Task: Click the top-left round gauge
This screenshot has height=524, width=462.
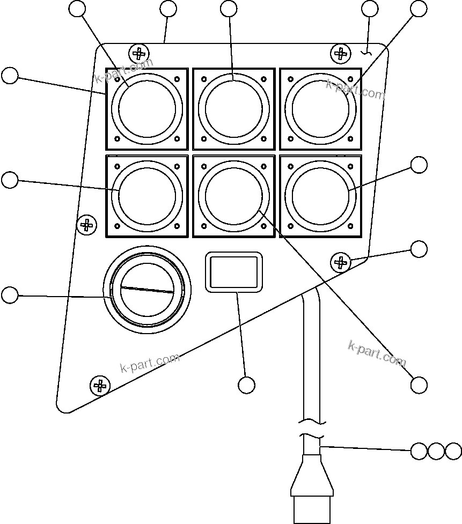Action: (x=147, y=109)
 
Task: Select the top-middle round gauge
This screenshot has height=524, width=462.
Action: (x=234, y=109)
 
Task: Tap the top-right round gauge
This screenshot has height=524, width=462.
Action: (x=320, y=109)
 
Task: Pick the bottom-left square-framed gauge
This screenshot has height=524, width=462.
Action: (x=147, y=196)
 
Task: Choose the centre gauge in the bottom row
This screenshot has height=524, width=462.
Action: (x=234, y=196)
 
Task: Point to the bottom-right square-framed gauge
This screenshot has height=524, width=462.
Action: (x=320, y=196)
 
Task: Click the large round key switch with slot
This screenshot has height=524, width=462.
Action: (x=147, y=290)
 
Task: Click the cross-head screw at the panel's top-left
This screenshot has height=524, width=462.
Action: (x=139, y=54)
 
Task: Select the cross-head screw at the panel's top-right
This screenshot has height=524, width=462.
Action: (x=340, y=53)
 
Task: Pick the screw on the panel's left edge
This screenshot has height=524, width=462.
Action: (x=86, y=224)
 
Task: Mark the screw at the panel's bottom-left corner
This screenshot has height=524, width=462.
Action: (x=99, y=385)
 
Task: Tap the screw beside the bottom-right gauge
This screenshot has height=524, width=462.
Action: (x=340, y=262)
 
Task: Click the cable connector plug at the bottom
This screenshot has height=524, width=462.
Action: (x=312, y=488)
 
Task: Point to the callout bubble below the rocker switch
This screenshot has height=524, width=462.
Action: (x=246, y=385)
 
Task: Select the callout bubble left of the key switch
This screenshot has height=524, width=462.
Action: (x=10, y=294)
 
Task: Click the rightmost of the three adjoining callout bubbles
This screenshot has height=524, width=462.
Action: (x=453, y=452)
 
